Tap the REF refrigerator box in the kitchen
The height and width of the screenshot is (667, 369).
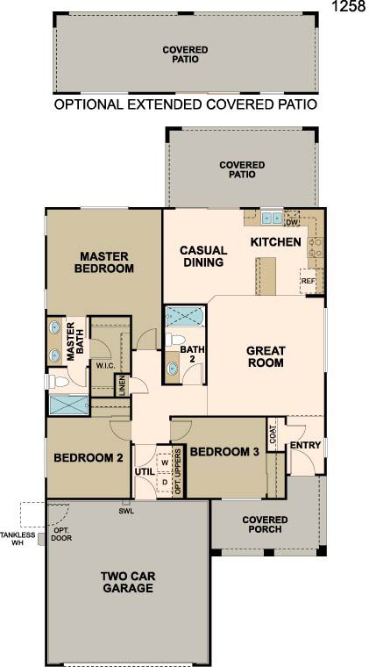(x=308, y=281)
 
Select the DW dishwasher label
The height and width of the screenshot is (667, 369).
(x=292, y=222)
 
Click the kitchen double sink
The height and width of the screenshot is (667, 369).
(x=272, y=219)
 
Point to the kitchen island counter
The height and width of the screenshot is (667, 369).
(x=266, y=276)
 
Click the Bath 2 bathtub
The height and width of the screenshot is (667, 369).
(x=185, y=317)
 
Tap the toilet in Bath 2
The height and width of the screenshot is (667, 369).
(x=175, y=340)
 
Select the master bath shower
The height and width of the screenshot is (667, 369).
(x=68, y=405)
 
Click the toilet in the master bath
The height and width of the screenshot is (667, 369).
(x=58, y=382)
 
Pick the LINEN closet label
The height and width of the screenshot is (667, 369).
(x=122, y=385)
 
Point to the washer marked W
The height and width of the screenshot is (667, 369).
(x=166, y=463)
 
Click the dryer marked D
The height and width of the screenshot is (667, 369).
(x=165, y=482)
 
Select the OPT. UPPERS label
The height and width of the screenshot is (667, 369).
(x=178, y=471)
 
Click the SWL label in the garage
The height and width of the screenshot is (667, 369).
(x=126, y=512)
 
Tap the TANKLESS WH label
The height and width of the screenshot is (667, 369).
(x=18, y=539)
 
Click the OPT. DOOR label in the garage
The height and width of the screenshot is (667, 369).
(x=62, y=534)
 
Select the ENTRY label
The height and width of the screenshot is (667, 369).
(x=305, y=445)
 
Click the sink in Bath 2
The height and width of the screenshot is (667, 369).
(x=172, y=368)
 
